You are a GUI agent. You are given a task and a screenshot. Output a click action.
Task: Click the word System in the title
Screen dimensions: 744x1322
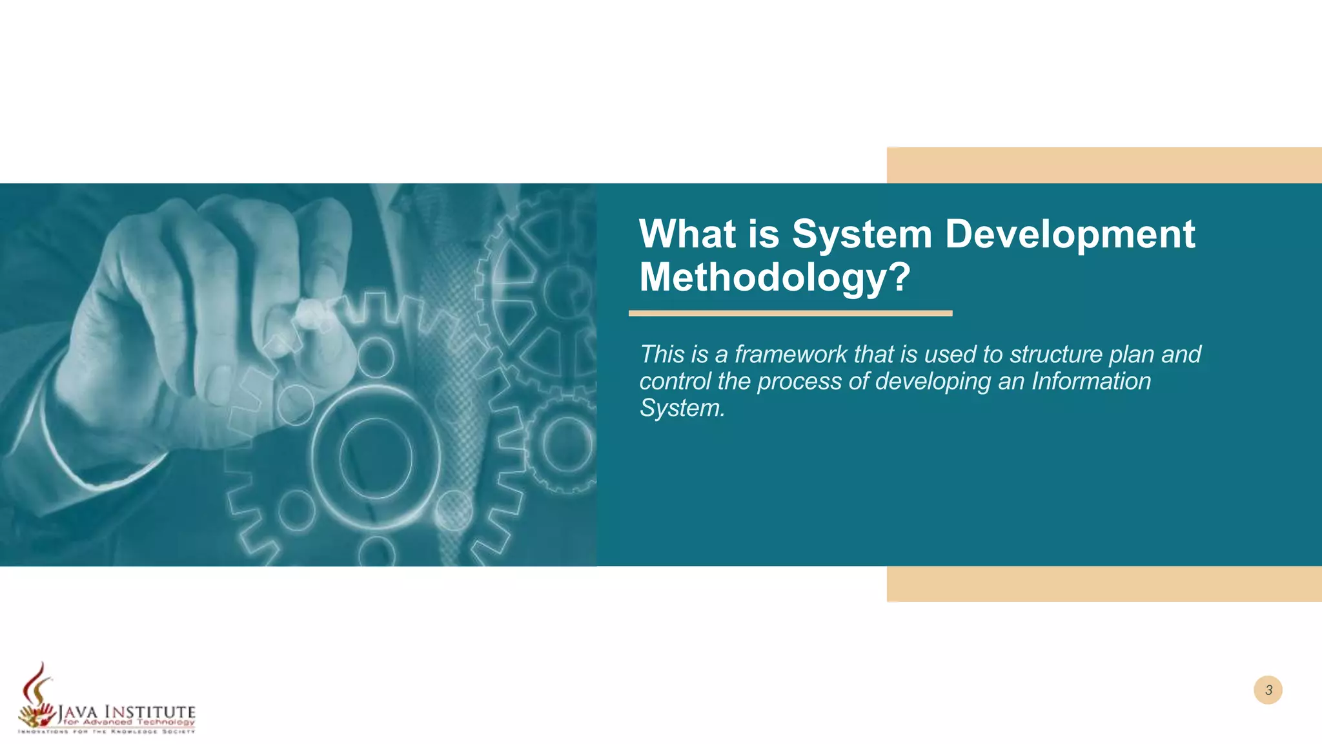click(x=862, y=234)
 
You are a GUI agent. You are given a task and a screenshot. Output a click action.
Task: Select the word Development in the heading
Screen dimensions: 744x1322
click(x=1070, y=234)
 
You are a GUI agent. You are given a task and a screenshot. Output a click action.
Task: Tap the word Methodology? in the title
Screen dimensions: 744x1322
click(x=775, y=277)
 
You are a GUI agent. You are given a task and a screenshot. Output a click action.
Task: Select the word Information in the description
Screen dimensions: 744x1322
click(x=1091, y=382)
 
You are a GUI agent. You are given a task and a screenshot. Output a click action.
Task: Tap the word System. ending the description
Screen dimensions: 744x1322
click(x=682, y=408)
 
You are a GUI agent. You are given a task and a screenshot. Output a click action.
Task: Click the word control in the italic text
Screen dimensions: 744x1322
click(x=675, y=382)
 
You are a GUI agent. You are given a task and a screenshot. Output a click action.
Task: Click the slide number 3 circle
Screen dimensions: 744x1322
click(x=1268, y=690)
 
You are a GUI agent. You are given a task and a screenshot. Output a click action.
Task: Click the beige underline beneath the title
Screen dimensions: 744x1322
click(x=790, y=313)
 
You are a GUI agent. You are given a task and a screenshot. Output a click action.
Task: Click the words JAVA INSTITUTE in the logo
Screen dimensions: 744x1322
click(x=127, y=712)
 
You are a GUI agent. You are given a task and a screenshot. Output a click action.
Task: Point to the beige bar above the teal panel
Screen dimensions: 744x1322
click(x=1104, y=165)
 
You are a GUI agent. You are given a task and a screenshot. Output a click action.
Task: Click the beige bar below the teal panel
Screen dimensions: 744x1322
click(x=1104, y=584)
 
